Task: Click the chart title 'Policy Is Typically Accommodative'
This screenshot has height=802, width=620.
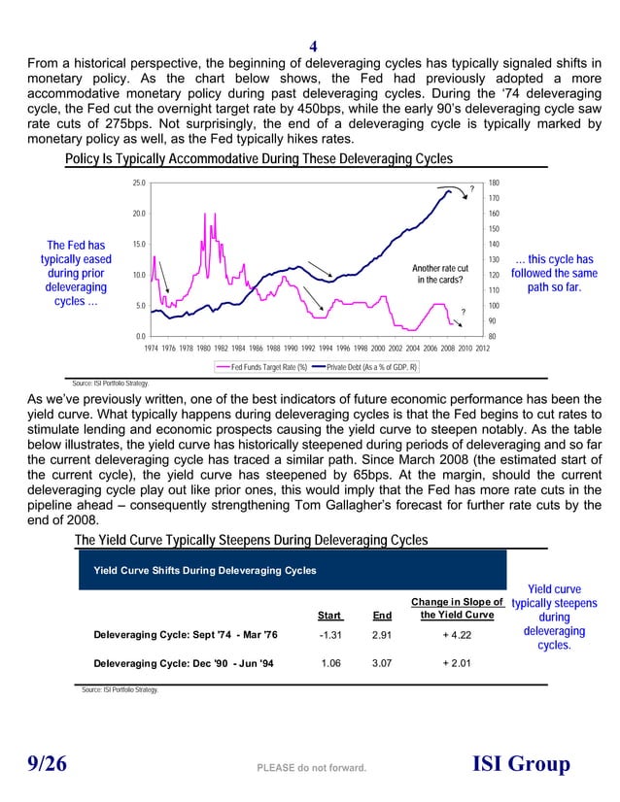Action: [x=244, y=159]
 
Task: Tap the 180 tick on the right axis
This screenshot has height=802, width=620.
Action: [x=494, y=183]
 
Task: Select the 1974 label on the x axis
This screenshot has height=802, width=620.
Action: [x=153, y=347]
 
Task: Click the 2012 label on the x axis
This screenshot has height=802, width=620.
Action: [x=481, y=347]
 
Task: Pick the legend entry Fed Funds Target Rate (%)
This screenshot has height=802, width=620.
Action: [x=262, y=367]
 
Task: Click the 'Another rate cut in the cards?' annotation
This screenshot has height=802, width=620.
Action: [x=440, y=274]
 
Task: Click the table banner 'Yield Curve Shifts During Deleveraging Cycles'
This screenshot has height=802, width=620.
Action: [x=204, y=570]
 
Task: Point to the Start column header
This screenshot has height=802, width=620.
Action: [x=329, y=615]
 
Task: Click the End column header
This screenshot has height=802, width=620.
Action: [x=382, y=615]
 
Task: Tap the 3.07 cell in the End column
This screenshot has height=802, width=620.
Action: [x=382, y=665]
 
